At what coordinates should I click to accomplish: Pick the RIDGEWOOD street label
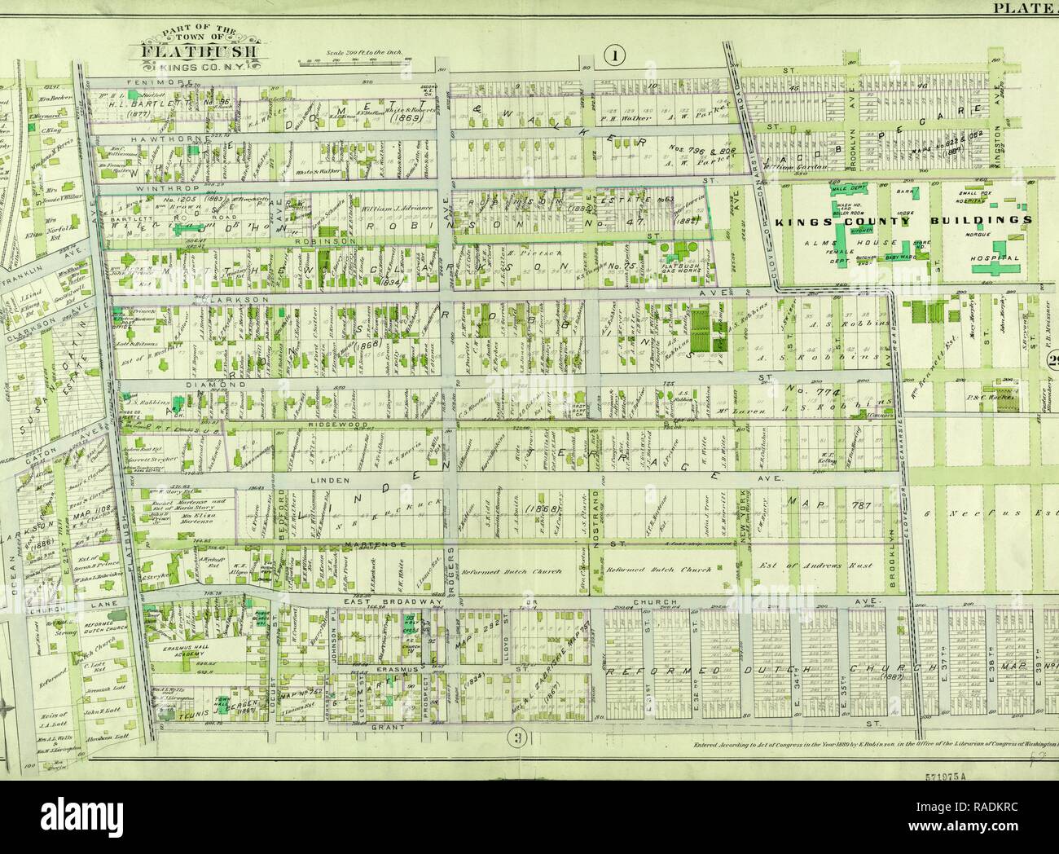click(x=334, y=425)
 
